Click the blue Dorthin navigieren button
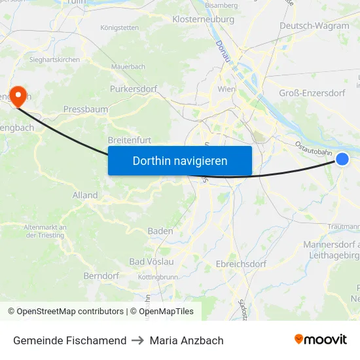coord(179,160)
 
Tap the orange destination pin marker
coord(16,97)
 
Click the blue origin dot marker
coord(342,159)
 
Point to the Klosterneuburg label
coord(203,20)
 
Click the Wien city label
coord(226,88)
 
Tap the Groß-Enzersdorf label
coord(312,93)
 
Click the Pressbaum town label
coord(86,109)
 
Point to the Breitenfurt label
coord(130,140)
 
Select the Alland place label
coord(85,195)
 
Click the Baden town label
coord(160,231)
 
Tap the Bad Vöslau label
coord(151,261)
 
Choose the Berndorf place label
coord(101,276)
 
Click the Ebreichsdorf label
coord(241,264)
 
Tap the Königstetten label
coord(119,27)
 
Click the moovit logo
coord(320,339)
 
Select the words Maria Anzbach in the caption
coord(187,340)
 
